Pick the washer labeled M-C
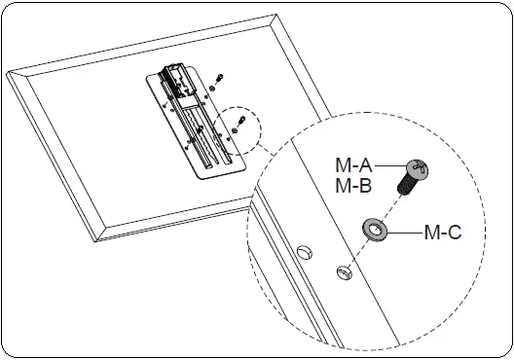pos(374,230)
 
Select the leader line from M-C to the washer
pos(404,232)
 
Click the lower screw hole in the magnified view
pos(343,271)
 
